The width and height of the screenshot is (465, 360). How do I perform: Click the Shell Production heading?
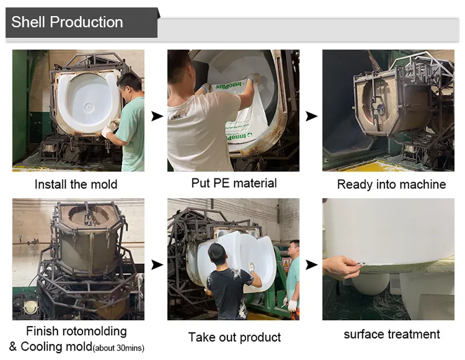click(x=67, y=23)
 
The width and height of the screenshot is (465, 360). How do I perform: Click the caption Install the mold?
click(x=76, y=184)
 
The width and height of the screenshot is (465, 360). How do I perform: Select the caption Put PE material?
click(x=234, y=183)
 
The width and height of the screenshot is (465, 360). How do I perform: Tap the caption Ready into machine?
click(x=391, y=184)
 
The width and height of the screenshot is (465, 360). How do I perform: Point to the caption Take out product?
click(x=234, y=338)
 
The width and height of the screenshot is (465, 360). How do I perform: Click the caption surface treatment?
click(x=392, y=335)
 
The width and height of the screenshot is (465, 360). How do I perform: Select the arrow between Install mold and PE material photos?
click(x=157, y=116)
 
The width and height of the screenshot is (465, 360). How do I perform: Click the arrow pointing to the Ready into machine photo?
click(x=311, y=116)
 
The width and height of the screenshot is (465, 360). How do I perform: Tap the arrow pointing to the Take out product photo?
click(x=157, y=265)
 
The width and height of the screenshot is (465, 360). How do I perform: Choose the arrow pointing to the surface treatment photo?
click(x=311, y=265)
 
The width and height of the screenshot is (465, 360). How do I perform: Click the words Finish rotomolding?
click(x=76, y=331)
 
